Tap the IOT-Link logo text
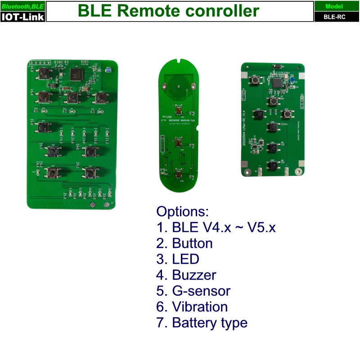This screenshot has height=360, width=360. tap(22, 17)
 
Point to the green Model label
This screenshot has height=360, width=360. tap(334, 6)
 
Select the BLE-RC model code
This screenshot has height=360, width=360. tap(334, 17)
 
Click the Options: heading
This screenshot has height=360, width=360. tap(183, 211)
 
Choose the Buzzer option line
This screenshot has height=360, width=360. tap(194, 275)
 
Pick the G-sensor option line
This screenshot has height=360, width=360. tap(201, 291)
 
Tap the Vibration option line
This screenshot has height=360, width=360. tap(200, 307)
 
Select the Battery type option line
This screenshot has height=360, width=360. tap(210, 323)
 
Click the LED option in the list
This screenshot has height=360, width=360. tap(185, 259)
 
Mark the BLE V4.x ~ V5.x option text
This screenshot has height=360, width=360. tap(224, 227)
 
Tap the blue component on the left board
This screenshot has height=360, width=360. tap(108, 70)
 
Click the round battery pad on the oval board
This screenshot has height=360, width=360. tap(178, 83)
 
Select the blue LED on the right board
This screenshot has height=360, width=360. tap(292, 81)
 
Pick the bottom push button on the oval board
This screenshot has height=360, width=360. tap(179, 174)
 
